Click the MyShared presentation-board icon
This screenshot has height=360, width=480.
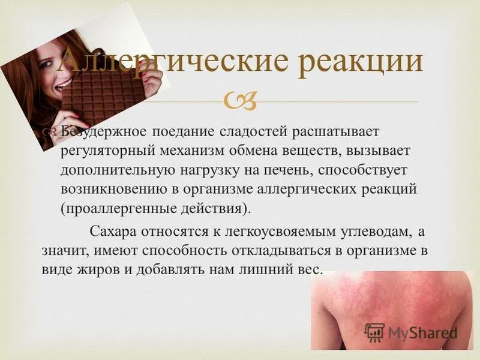pos(374,332)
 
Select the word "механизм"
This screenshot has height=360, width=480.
pos(200,150)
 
